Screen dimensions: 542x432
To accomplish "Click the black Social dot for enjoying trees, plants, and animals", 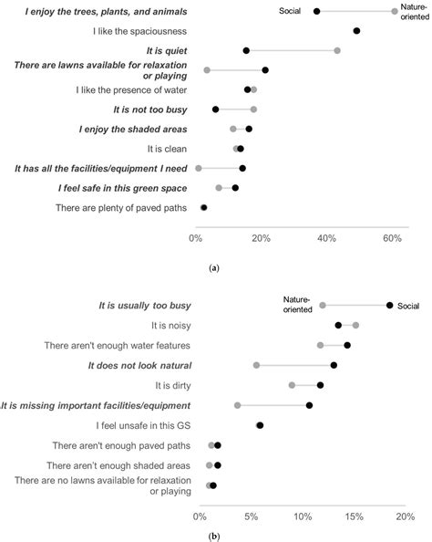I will [316, 11].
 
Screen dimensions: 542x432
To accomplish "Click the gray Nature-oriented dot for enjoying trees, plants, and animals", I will [395, 11].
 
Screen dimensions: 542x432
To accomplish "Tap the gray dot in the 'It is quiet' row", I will [337, 50].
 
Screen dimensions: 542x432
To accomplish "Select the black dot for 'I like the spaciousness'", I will [356, 31].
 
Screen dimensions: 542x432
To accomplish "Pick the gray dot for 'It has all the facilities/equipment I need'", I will [198, 168].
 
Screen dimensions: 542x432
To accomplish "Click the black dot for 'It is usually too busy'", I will [390, 306].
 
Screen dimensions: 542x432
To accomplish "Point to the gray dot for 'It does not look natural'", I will [256, 365].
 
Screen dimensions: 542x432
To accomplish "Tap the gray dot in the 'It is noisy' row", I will [355, 325].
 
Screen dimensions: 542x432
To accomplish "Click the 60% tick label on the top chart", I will [392, 238].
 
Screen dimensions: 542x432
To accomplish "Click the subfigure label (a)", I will [214, 268].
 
